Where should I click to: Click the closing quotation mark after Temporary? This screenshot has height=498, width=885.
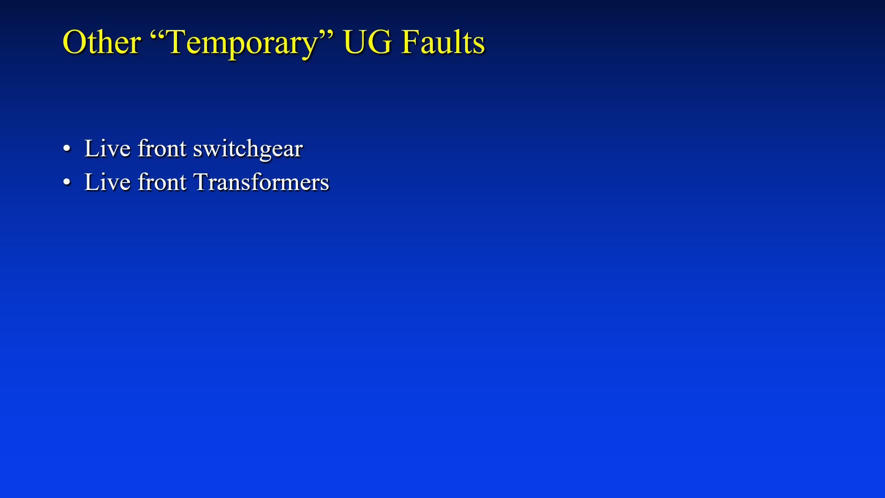pos(327,34)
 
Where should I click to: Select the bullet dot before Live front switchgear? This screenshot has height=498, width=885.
pos(67,148)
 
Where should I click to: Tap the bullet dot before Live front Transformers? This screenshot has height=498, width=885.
pos(67,182)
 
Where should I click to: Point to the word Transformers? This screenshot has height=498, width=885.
pos(261,182)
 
